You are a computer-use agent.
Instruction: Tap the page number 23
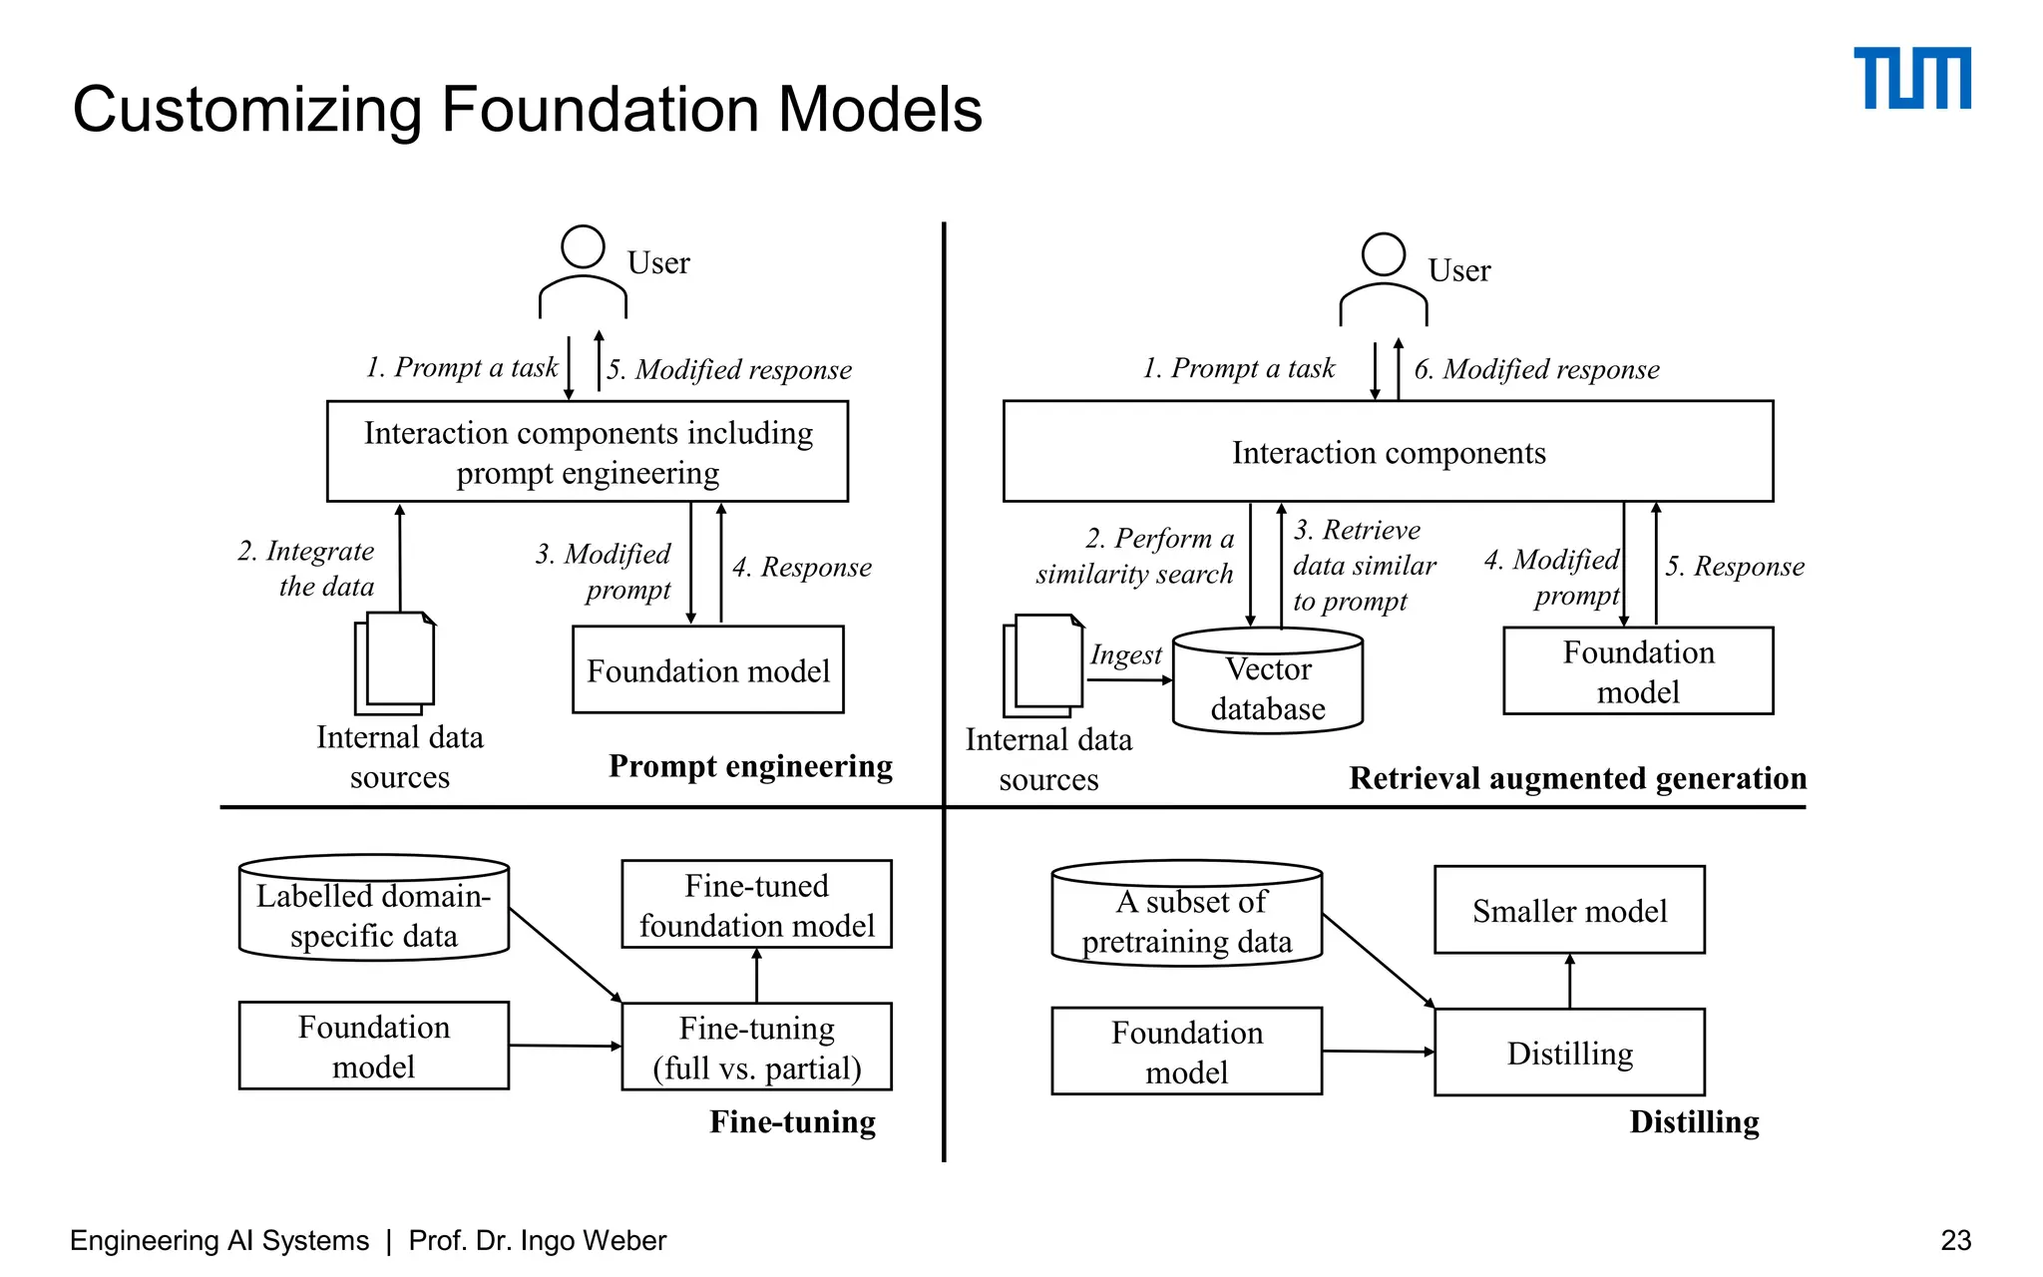[x=1955, y=1240]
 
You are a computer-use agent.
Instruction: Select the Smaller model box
[x=1568, y=910]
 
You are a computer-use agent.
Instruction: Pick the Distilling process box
[x=1568, y=1053]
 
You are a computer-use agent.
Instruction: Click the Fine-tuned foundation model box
[x=756, y=905]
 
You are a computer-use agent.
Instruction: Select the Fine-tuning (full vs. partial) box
[x=756, y=1047]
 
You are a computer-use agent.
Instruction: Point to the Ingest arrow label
[x=1125, y=655]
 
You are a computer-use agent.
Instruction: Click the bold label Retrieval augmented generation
[x=1577, y=778]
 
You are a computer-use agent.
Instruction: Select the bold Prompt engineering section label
[x=750, y=766]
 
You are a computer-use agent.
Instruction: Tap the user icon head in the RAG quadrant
[x=1383, y=254]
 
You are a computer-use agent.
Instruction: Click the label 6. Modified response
[x=1536, y=369]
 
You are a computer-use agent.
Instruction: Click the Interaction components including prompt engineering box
[x=588, y=452]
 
